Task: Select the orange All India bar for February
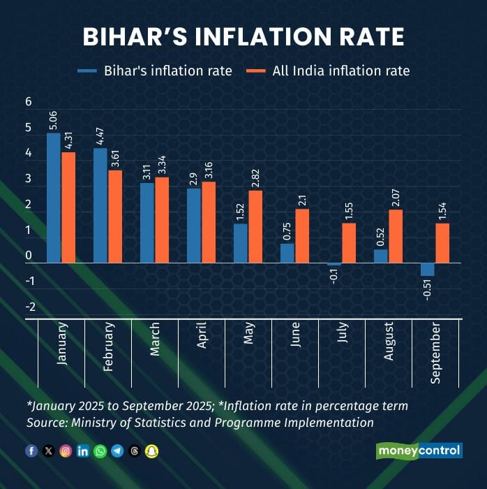click(x=114, y=217)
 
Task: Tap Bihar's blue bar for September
click(x=427, y=270)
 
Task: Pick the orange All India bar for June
click(x=301, y=235)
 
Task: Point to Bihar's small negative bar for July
click(x=334, y=264)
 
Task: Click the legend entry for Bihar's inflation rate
click(x=155, y=71)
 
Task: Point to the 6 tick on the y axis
click(x=29, y=102)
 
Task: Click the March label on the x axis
click(x=154, y=339)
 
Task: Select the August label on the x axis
click(x=388, y=342)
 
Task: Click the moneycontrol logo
click(x=419, y=451)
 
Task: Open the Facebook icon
click(x=31, y=451)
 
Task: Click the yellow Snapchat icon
click(x=151, y=451)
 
